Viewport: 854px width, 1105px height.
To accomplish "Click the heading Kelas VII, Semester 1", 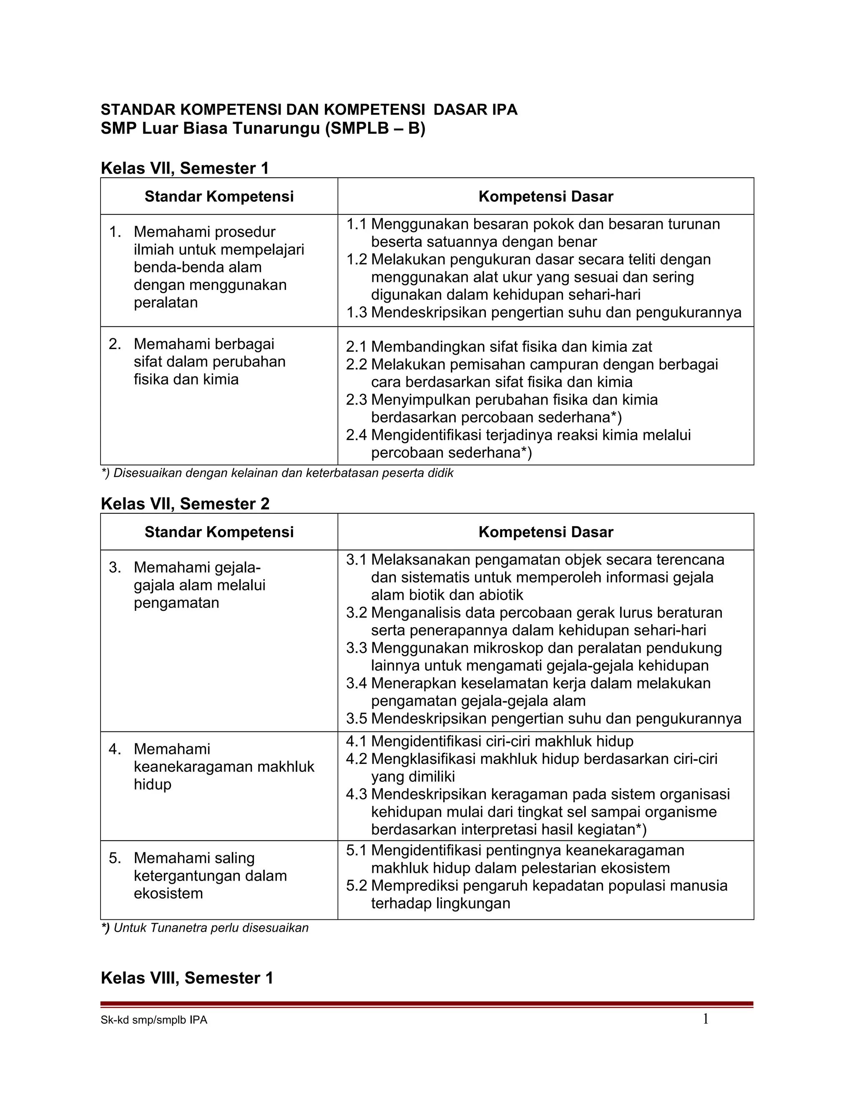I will [185, 168].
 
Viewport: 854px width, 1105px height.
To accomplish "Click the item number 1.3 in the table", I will [356, 313].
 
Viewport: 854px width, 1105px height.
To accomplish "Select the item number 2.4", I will [356, 435].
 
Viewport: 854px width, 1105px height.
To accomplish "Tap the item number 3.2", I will [356, 613].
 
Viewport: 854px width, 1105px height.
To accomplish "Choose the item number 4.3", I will [356, 794].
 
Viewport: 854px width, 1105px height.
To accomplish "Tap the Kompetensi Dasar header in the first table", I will [545, 196].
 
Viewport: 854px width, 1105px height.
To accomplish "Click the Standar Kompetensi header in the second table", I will [219, 532].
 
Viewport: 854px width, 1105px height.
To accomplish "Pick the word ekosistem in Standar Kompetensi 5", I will [168, 893].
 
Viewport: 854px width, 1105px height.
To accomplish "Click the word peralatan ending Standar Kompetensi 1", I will [166, 303].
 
